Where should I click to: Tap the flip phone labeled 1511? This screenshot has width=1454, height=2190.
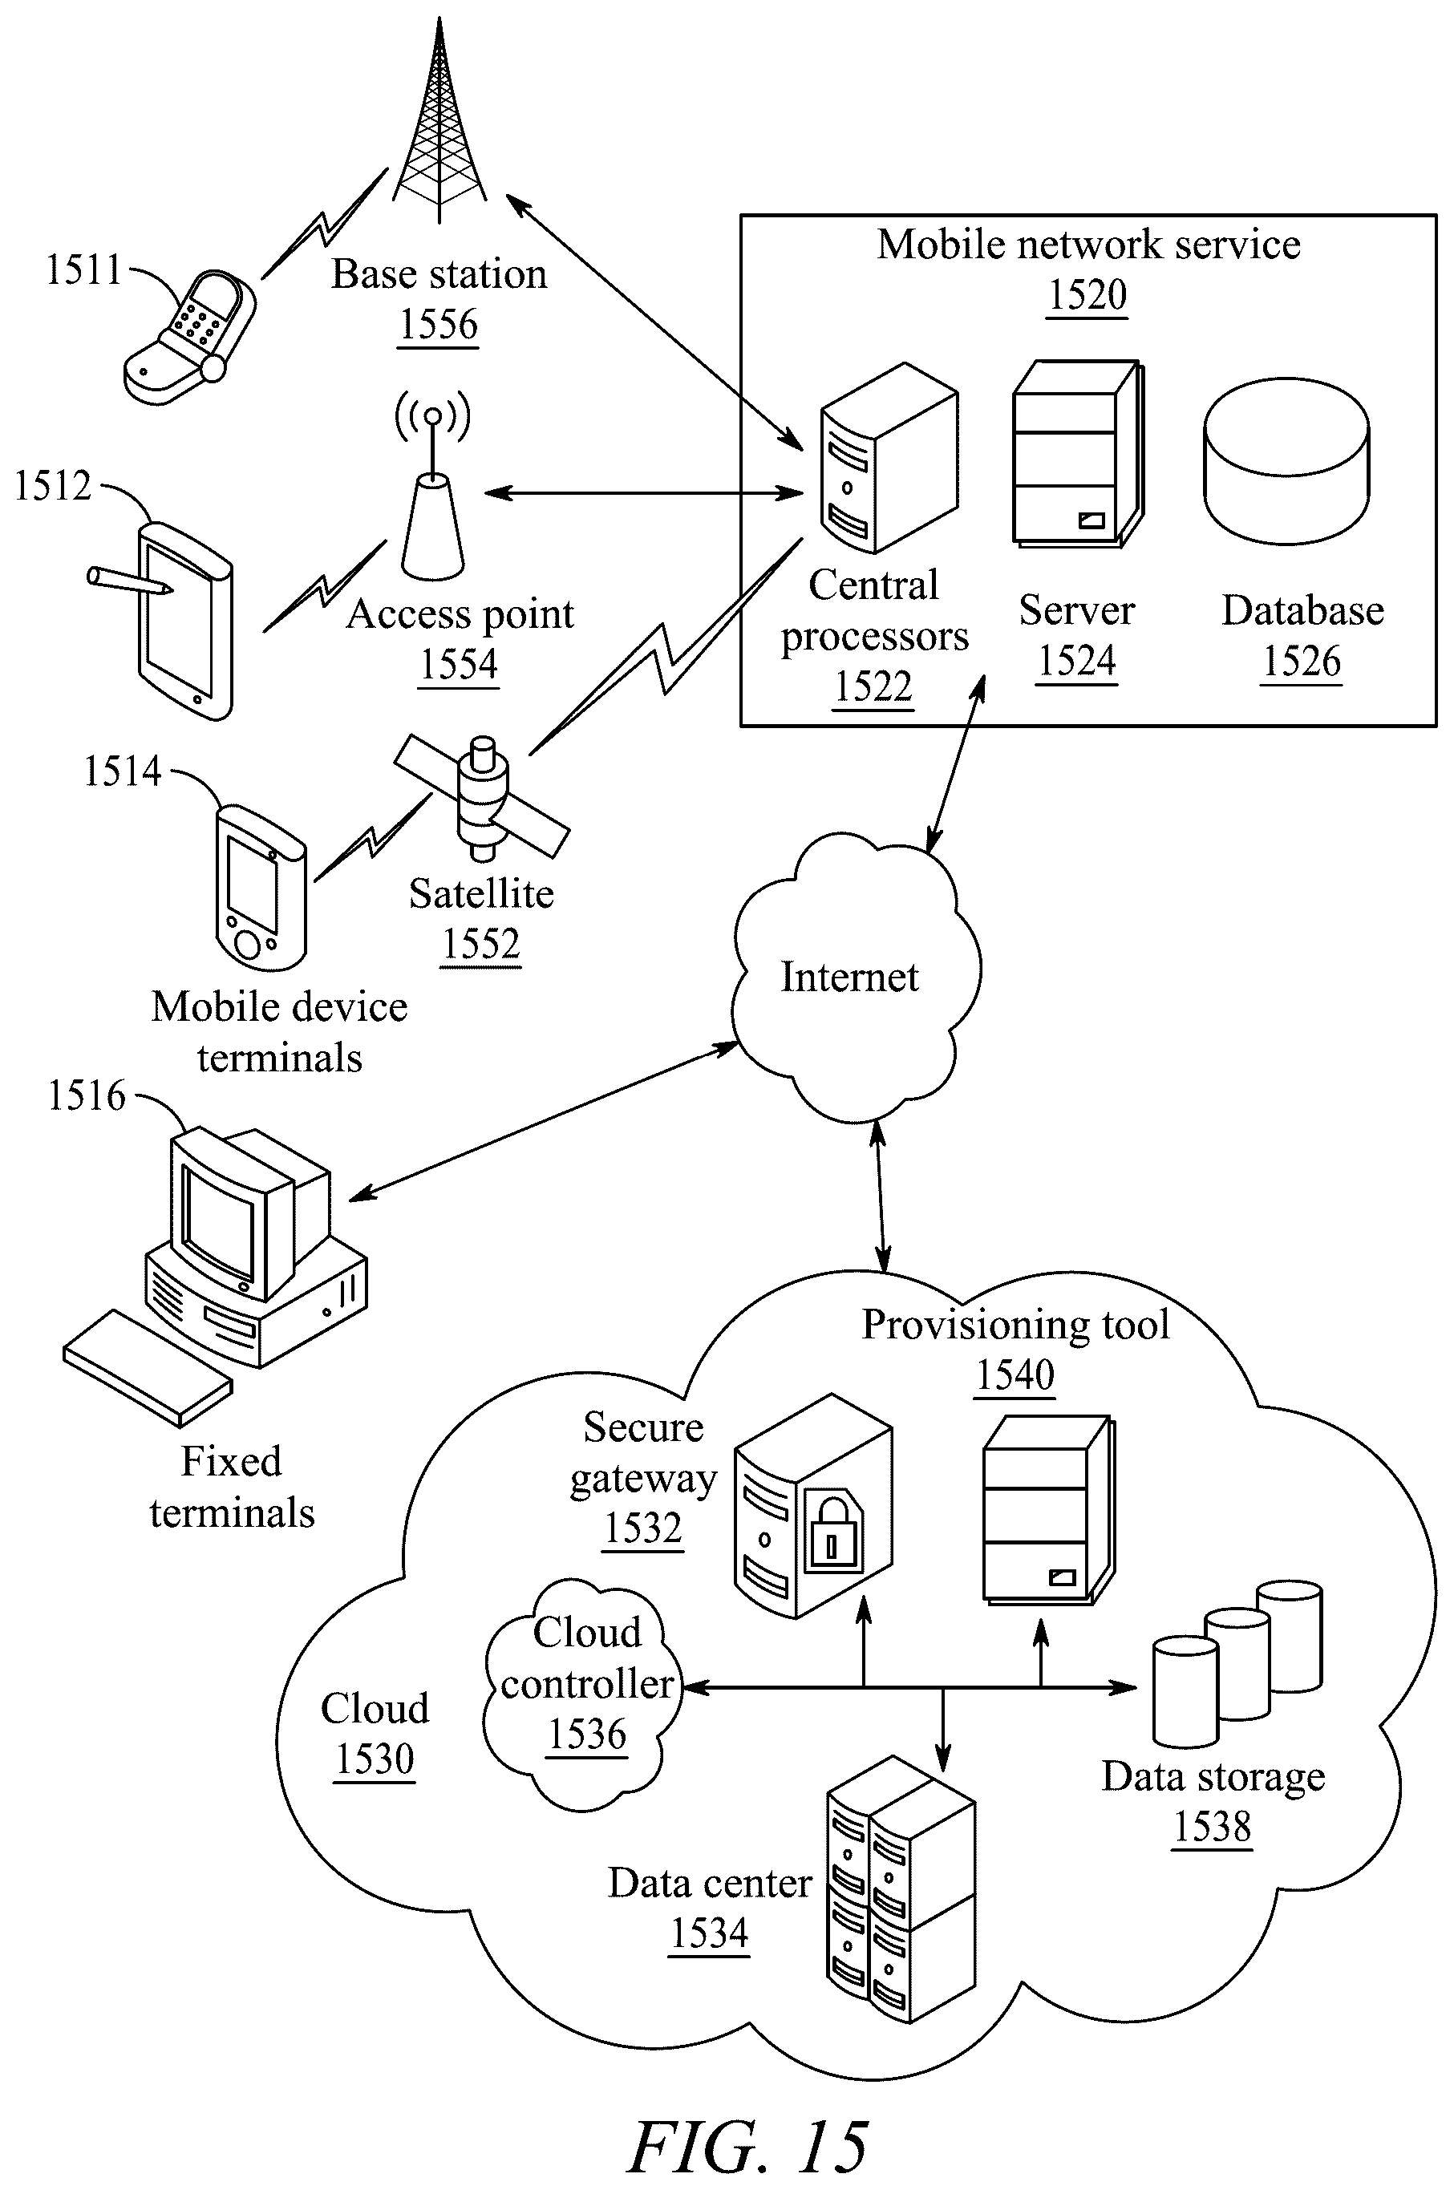(x=189, y=338)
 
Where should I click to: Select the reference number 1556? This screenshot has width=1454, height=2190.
(x=439, y=325)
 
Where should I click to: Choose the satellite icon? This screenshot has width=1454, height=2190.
(x=482, y=797)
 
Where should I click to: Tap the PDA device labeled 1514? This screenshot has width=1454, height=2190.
(x=261, y=889)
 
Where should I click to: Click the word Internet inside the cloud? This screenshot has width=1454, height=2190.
(x=849, y=977)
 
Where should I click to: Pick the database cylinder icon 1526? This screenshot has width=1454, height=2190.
(x=1286, y=461)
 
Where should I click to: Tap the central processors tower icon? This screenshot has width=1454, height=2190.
(x=889, y=457)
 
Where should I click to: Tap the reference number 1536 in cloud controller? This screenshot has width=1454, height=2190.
(x=587, y=1734)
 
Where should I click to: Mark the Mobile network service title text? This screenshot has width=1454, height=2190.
(x=1088, y=245)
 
